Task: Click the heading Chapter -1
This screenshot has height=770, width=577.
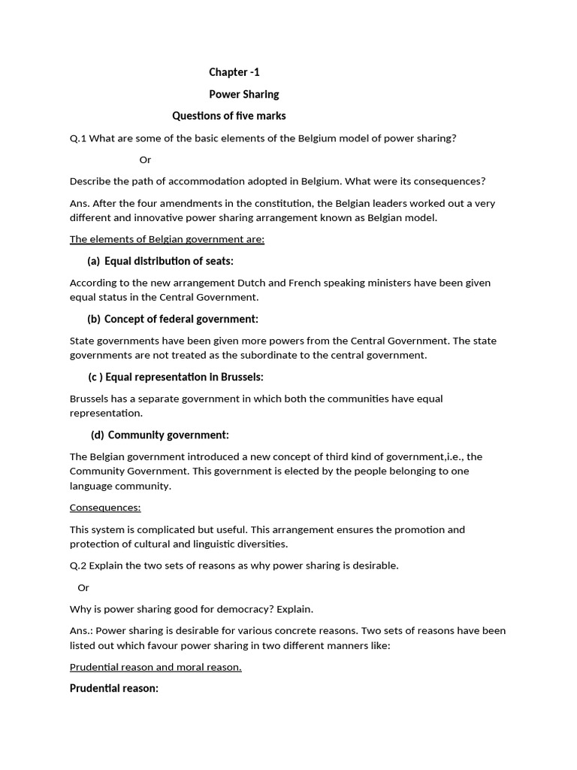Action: coord(234,72)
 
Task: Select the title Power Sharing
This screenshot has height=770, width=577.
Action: coord(243,94)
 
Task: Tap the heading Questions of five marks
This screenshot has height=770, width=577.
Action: coord(228,116)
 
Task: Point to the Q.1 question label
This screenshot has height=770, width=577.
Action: coord(78,138)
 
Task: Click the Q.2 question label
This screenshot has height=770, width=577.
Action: coord(78,565)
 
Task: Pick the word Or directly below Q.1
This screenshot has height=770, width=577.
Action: coord(145,159)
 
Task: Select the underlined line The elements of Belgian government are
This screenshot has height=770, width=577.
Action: coord(167,239)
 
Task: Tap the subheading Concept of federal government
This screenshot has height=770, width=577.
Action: coord(180,319)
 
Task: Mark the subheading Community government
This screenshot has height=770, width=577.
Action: coord(168,435)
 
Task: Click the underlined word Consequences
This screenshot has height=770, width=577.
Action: coord(105,508)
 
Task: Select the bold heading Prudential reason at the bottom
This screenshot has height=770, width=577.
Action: coord(113,688)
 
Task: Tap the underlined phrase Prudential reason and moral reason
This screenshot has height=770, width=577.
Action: coord(156,667)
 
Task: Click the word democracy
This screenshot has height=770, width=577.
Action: coord(263,608)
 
